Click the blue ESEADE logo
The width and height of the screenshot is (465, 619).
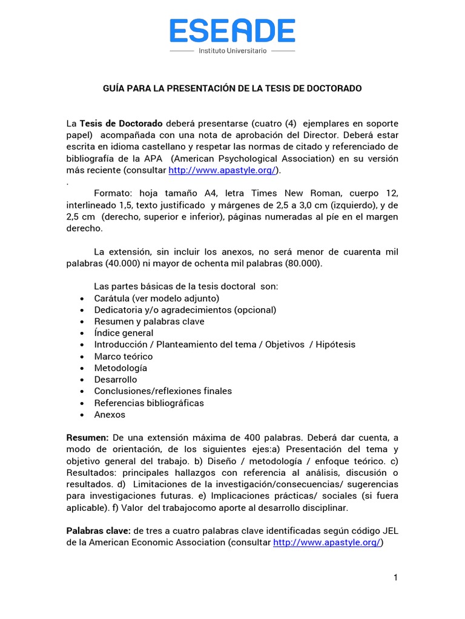[x=232, y=31]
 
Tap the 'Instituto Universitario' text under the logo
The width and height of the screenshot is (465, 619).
[x=232, y=51]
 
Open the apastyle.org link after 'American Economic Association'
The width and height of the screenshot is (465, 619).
[x=327, y=542]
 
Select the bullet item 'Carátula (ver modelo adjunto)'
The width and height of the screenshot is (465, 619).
[x=156, y=298]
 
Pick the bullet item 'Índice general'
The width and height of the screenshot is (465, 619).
[x=124, y=333]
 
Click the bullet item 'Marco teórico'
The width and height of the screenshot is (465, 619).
[x=123, y=357]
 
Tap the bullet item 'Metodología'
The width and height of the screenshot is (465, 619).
[x=120, y=368]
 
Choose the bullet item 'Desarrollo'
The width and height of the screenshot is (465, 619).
[x=115, y=380]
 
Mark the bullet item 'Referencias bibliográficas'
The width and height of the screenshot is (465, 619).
[x=149, y=403]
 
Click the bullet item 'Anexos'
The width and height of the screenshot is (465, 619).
[x=110, y=415]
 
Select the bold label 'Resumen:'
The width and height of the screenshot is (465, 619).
[x=87, y=438]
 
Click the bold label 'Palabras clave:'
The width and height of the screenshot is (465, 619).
[x=98, y=531]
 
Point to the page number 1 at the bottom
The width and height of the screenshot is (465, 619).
[x=395, y=578]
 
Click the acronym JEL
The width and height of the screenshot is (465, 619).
[x=389, y=531]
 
